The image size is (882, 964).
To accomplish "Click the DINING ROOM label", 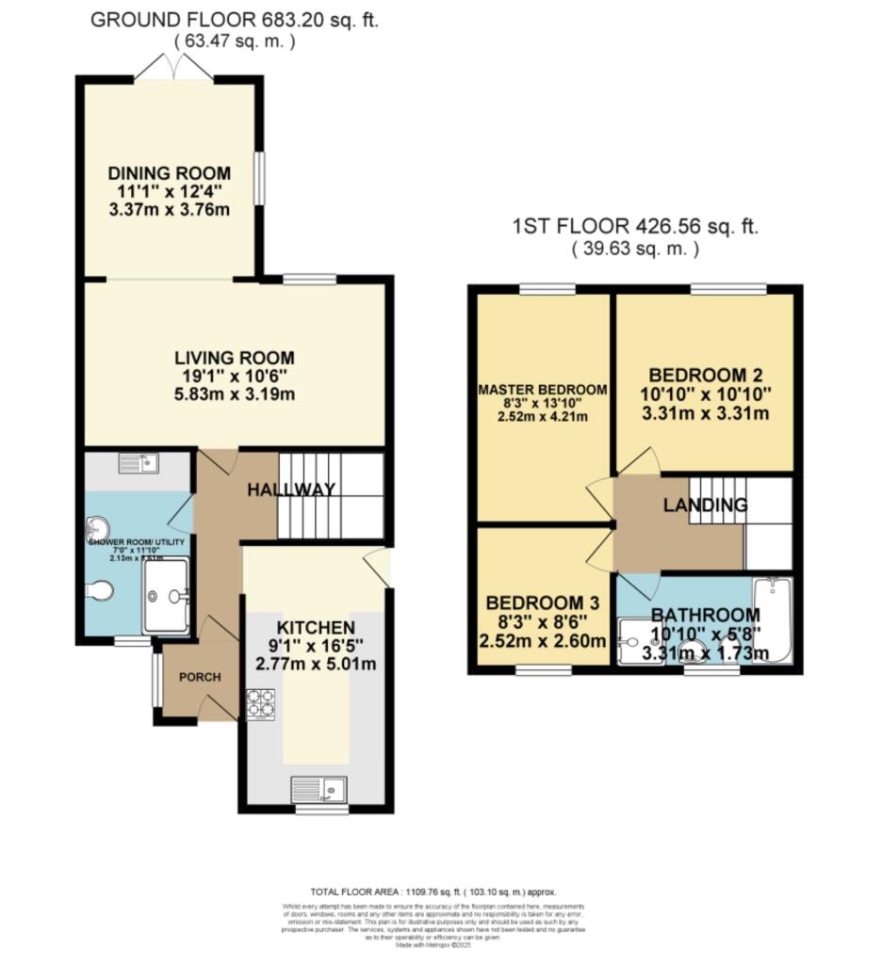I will click(x=169, y=173).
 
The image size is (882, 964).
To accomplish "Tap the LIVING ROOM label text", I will click(x=235, y=358).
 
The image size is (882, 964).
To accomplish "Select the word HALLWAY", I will click(x=292, y=490).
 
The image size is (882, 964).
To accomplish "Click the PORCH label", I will click(x=200, y=677).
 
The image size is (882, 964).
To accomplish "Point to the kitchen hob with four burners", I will click(x=260, y=705).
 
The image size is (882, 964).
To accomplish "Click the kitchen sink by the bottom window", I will click(x=319, y=787).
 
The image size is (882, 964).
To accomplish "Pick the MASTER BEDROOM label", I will click(x=542, y=390).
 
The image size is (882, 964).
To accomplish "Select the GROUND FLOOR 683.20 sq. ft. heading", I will click(x=234, y=21).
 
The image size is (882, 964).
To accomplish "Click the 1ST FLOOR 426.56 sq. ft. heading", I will click(x=635, y=227).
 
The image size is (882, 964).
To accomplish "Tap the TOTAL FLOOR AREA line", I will click(x=433, y=892).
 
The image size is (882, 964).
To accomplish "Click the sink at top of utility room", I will click(x=139, y=462).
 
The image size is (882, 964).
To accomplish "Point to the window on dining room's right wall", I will click(x=259, y=177).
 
